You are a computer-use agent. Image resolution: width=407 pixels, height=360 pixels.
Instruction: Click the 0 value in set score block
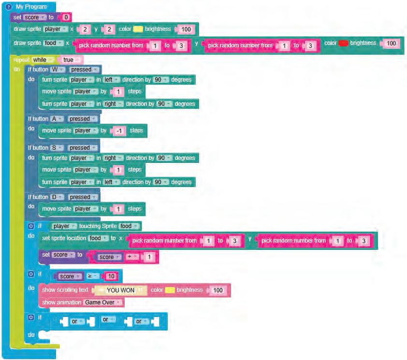67,17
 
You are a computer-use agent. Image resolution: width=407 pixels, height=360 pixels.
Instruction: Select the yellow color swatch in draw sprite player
138,29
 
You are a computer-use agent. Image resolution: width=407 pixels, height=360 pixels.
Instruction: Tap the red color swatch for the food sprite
343,43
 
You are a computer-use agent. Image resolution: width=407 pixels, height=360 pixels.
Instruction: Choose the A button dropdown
55,119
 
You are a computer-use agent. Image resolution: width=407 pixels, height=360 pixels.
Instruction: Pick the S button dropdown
55,148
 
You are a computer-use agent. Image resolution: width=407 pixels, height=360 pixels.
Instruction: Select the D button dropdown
55,197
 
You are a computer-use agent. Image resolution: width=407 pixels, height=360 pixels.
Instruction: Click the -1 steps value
119,130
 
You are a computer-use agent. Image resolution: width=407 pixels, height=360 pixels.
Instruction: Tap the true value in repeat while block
70,60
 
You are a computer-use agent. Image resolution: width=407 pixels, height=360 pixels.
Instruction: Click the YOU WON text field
120,290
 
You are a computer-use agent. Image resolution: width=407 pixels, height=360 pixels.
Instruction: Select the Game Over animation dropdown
103,302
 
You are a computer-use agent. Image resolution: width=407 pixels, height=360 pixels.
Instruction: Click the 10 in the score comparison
111,276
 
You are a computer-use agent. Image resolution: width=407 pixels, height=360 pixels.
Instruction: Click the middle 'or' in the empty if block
106,320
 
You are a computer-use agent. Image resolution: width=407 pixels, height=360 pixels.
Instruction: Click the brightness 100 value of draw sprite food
391,43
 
